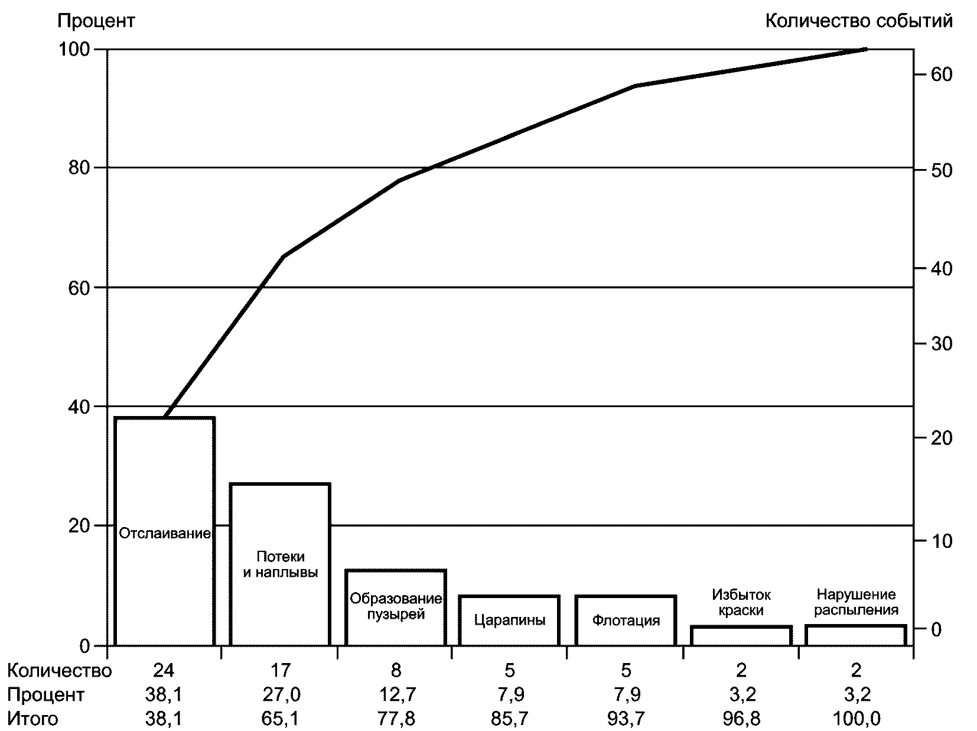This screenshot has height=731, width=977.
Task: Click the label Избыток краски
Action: click(741, 602)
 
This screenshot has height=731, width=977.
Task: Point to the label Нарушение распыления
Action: click(856, 602)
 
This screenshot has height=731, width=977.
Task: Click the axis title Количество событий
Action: click(859, 21)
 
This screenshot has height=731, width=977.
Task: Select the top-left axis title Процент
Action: click(96, 21)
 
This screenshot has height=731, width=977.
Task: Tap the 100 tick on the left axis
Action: click(73, 50)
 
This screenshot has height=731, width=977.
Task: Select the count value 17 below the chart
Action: click(280, 670)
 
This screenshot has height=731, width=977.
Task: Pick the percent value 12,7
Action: click(395, 694)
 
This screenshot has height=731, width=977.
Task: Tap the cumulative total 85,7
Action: click(510, 719)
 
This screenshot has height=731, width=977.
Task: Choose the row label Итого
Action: click(33, 719)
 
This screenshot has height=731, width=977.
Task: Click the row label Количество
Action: click(59, 670)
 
